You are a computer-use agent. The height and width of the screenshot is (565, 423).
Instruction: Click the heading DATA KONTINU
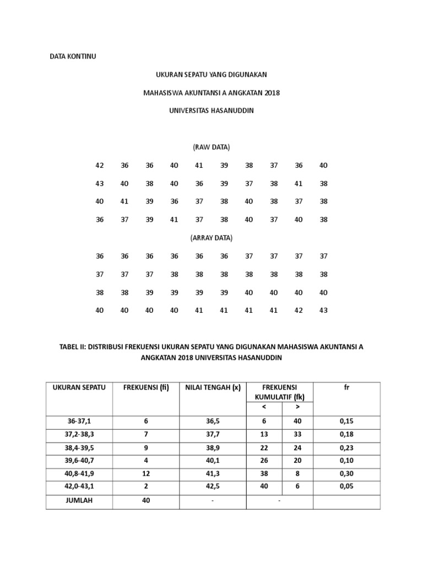(73, 57)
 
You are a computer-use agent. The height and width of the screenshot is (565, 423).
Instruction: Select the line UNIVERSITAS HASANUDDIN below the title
(211, 110)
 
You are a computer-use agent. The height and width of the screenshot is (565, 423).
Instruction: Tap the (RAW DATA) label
(211, 147)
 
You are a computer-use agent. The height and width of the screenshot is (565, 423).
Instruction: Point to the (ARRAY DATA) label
(211, 238)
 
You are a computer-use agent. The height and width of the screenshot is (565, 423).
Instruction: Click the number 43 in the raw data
(100, 184)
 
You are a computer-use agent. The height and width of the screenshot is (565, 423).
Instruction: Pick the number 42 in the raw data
(100, 166)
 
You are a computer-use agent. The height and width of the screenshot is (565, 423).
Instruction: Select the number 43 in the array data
(323, 310)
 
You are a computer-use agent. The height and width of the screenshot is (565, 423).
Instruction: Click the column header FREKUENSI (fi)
(146, 387)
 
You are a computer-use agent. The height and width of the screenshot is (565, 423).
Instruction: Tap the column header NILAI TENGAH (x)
(213, 387)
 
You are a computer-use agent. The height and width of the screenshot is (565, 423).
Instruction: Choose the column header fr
(347, 387)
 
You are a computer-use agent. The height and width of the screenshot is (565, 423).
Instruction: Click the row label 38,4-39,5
(79, 447)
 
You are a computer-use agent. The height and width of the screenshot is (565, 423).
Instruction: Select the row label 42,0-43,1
(79, 486)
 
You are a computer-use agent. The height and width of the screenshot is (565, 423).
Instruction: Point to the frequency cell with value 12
(146, 473)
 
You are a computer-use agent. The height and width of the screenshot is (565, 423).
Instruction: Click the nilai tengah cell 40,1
(213, 460)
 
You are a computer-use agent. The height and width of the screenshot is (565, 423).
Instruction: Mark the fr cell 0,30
(347, 473)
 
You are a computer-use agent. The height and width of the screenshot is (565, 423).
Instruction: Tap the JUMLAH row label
(79, 500)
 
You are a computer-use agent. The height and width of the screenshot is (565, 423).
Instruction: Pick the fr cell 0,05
(347, 486)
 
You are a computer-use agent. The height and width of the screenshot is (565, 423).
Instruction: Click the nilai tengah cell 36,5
(213, 421)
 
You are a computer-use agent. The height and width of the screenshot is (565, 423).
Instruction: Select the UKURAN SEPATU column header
(79, 387)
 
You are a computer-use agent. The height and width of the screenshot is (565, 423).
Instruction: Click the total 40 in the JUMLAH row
(146, 500)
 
